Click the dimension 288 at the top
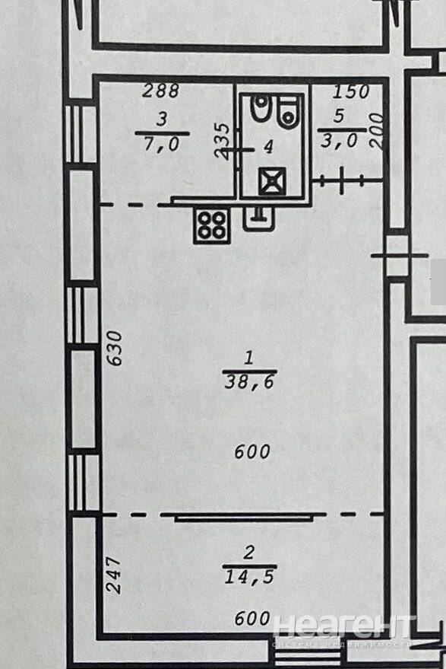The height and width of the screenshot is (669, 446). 161,91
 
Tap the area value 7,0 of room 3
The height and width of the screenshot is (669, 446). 162,144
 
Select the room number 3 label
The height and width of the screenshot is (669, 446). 163,119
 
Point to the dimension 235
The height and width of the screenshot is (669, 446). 223,142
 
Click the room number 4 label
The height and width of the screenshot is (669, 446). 268,147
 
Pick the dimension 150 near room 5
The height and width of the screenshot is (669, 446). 350,92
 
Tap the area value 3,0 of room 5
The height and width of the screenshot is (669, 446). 339,141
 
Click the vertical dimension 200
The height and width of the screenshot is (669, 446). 377,131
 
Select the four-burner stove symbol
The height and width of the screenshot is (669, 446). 212,225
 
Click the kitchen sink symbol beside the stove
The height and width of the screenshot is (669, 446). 259,218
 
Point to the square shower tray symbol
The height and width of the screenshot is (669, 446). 272,181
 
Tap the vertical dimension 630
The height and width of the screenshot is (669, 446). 115,348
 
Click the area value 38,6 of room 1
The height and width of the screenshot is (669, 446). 250,382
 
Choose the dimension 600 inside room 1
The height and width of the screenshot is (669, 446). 252,451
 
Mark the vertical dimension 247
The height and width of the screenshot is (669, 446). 114,575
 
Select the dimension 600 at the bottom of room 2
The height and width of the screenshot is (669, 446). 252,618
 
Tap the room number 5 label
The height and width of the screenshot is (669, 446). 339,116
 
